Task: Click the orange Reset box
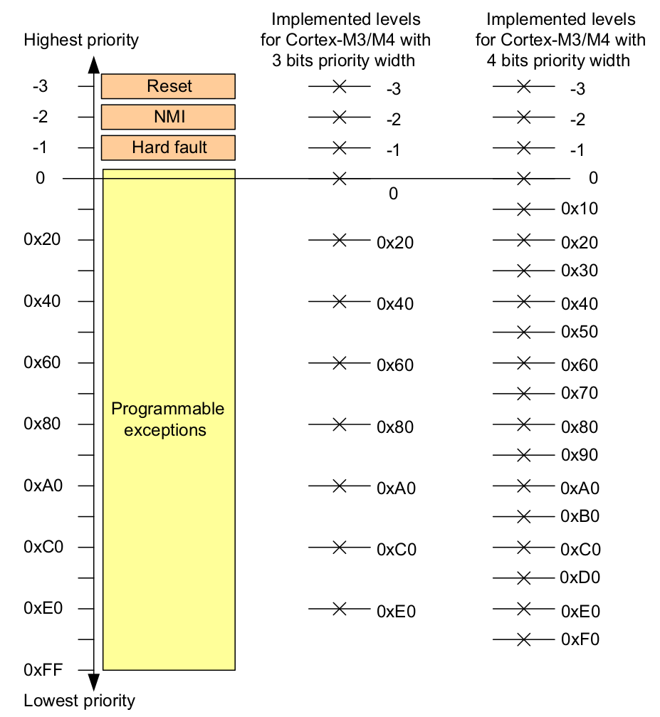(x=169, y=86)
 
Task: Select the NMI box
(x=169, y=117)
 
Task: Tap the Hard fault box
(x=169, y=147)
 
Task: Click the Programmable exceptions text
(x=168, y=419)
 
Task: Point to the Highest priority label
(x=81, y=39)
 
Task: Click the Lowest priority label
(x=79, y=700)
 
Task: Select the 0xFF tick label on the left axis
(x=43, y=670)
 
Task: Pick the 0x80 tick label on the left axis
(x=43, y=424)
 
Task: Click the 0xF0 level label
(x=580, y=639)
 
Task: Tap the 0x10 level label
(x=580, y=209)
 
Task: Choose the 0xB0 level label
(x=580, y=516)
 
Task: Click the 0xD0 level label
(x=580, y=577)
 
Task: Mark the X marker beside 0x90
(x=524, y=454)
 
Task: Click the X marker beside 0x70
(x=524, y=393)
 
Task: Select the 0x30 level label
(x=580, y=271)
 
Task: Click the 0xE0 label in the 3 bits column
(x=396, y=611)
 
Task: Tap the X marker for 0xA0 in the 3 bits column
(x=340, y=486)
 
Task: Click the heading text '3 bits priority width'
(x=343, y=61)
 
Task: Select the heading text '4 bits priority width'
(x=558, y=61)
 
